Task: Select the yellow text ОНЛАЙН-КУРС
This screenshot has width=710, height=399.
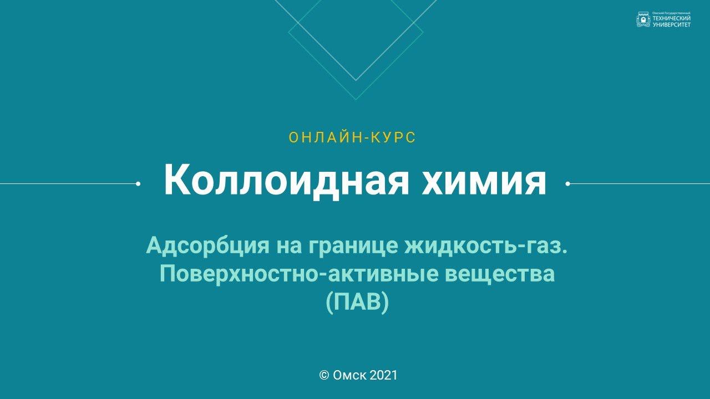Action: [352, 138]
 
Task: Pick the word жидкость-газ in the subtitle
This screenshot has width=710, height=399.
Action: [486, 245]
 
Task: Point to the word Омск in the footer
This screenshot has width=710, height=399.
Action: [349, 375]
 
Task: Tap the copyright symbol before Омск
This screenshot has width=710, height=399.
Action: [324, 375]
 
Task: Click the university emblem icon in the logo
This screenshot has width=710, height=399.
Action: [643, 21]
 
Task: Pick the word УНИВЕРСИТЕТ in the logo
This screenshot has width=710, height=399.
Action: [672, 24]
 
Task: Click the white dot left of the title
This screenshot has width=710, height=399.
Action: [138, 183]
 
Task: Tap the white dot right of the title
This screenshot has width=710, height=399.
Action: [567, 183]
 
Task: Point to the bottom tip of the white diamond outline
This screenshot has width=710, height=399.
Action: [356, 80]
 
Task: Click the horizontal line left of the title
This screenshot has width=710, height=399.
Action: [67, 183]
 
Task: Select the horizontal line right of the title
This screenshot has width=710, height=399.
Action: [638, 183]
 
